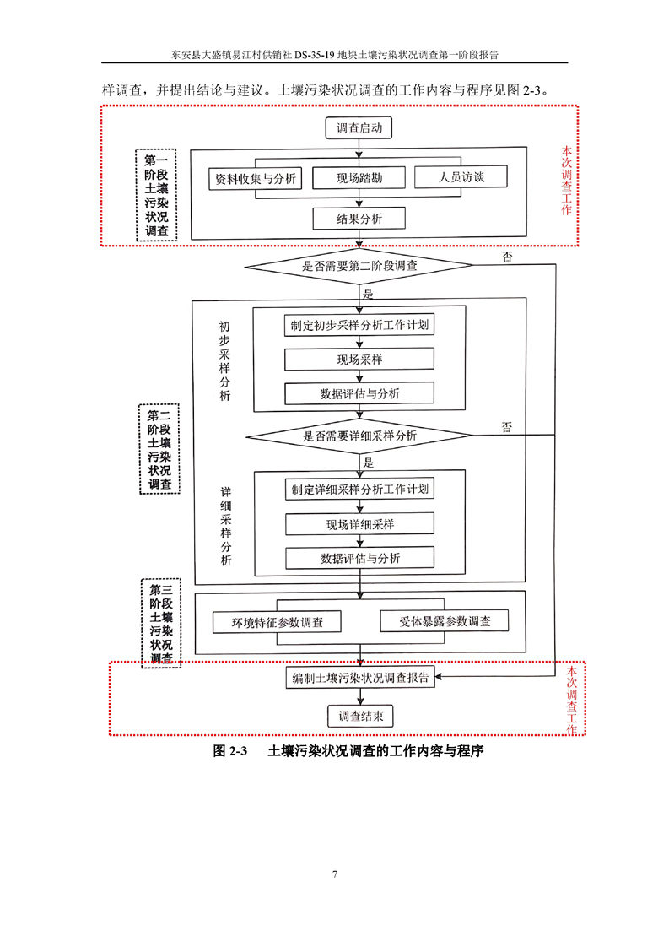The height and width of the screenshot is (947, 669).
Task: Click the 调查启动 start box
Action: pos(359,129)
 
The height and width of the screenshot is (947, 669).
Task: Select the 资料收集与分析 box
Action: pos(256,179)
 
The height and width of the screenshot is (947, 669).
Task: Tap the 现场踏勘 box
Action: pos(359,178)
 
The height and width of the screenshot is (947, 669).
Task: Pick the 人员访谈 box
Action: pos(461,177)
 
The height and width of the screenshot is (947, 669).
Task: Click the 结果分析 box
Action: pos(359,219)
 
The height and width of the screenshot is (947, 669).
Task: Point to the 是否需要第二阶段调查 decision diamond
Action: pos(359,265)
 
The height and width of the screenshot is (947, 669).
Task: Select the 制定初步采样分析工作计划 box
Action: pos(359,325)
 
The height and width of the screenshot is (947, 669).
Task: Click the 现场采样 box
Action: pos(359,360)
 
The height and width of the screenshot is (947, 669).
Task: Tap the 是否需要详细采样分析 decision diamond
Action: pos(359,436)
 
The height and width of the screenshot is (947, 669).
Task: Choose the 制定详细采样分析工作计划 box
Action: pos(359,490)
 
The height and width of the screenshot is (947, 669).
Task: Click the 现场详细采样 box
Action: pos(359,524)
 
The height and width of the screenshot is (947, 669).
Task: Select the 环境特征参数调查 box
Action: pos(278,623)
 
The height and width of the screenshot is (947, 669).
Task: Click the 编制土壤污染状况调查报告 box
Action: pos(359,678)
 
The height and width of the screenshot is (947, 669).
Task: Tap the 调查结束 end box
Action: pos(359,717)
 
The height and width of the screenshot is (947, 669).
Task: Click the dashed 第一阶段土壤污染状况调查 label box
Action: pos(156,196)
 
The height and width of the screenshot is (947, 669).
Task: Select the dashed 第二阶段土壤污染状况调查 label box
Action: pos(159,450)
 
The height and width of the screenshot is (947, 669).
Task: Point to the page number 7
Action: pos(335,874)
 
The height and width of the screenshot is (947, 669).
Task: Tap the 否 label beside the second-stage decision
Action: pos(507,256)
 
